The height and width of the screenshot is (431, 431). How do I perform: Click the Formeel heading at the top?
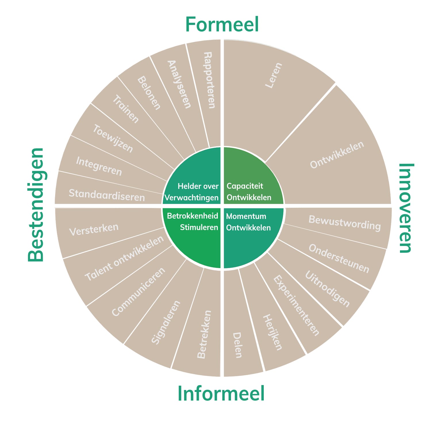(222, 24)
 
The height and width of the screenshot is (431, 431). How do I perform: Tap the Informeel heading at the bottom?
(221, 393)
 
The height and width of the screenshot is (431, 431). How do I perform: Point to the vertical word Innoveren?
(406, 208)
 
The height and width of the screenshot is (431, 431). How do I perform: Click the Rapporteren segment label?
(209, 80)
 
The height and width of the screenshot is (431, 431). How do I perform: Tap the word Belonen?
(149, 93)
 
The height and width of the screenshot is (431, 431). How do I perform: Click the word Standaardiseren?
(107, 195)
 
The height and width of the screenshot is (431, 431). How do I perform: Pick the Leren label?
(274, 75)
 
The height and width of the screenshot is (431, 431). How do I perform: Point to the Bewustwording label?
(345, 223)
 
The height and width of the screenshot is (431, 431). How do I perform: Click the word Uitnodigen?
(327, 288)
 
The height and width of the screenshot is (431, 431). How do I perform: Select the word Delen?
(237, 345)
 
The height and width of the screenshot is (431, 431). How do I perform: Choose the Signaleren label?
(166, 322)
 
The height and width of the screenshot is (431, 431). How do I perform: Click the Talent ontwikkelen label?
(124, 258)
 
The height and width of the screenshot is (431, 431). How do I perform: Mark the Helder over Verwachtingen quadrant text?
(192, 192)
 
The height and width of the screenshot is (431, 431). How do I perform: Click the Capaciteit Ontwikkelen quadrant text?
(249, 192)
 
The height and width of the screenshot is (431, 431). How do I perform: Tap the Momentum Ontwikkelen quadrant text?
(248, 222)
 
